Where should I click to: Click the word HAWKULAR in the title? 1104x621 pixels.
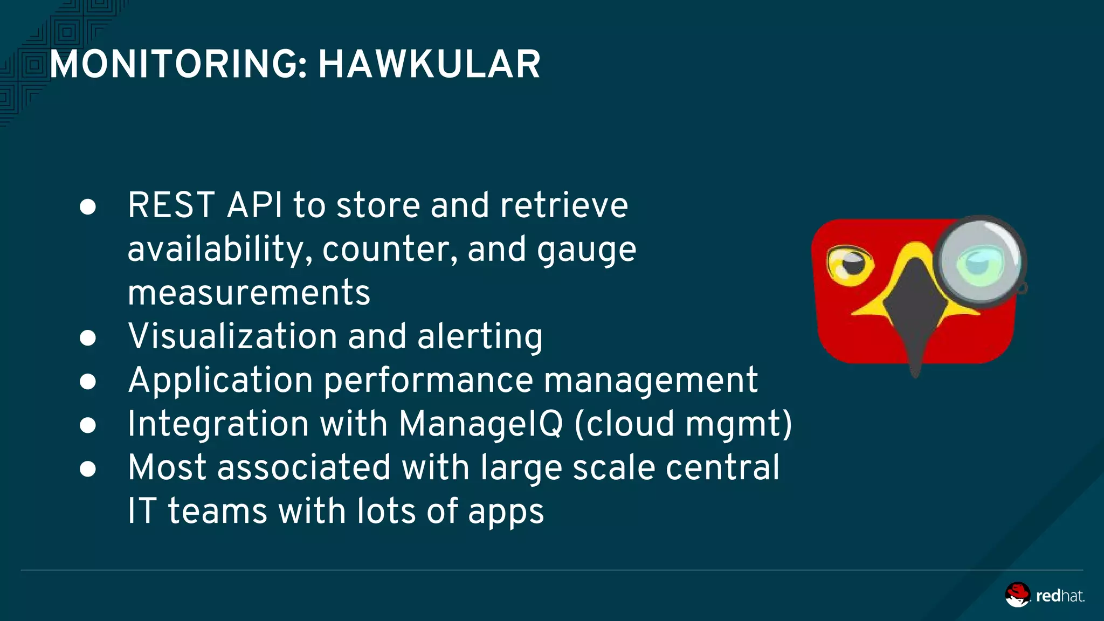tap(429, 65)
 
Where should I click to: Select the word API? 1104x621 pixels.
tap(254, 205)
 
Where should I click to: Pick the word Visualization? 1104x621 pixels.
tap(232, 336)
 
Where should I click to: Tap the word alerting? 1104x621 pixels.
tap(480, 337)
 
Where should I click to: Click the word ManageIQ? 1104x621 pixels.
tap(481, 424)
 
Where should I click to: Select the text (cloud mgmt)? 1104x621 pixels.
tap(684, 424)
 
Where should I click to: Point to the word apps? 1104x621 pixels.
tap(506, 512)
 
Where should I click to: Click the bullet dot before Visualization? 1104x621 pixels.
tap(88, 338)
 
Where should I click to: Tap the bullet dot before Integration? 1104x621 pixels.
tap(88, 425)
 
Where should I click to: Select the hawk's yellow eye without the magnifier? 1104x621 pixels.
tap(850, 264)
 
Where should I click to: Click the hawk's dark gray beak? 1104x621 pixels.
tap(914, 313)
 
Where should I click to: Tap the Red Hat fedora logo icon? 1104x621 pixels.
tap(1017, 595)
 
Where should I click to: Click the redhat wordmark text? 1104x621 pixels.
tap(1060, 596)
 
